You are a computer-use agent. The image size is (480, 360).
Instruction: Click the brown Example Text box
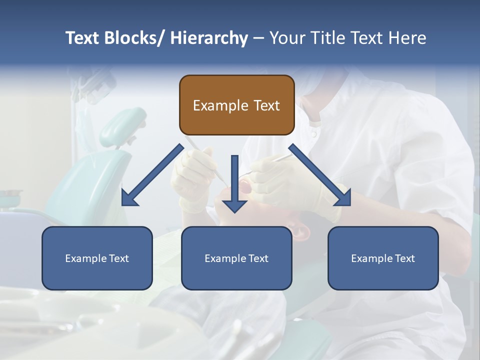(x=236, y=105)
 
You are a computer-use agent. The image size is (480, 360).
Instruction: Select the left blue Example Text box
(x=97, y=258)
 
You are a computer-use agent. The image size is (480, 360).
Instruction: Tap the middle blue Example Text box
(x=236, y=258)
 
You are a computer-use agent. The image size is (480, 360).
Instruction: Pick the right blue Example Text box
(x=383, y=258)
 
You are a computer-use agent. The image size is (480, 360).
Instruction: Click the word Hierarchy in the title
(x=209, y=38)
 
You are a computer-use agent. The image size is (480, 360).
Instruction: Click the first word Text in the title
(x=83, y=38)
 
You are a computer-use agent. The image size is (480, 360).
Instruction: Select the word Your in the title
(x=287, y=38)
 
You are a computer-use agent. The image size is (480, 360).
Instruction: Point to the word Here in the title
(x=406, y=38)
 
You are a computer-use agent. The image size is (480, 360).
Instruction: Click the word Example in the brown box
(x=219, y=105)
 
